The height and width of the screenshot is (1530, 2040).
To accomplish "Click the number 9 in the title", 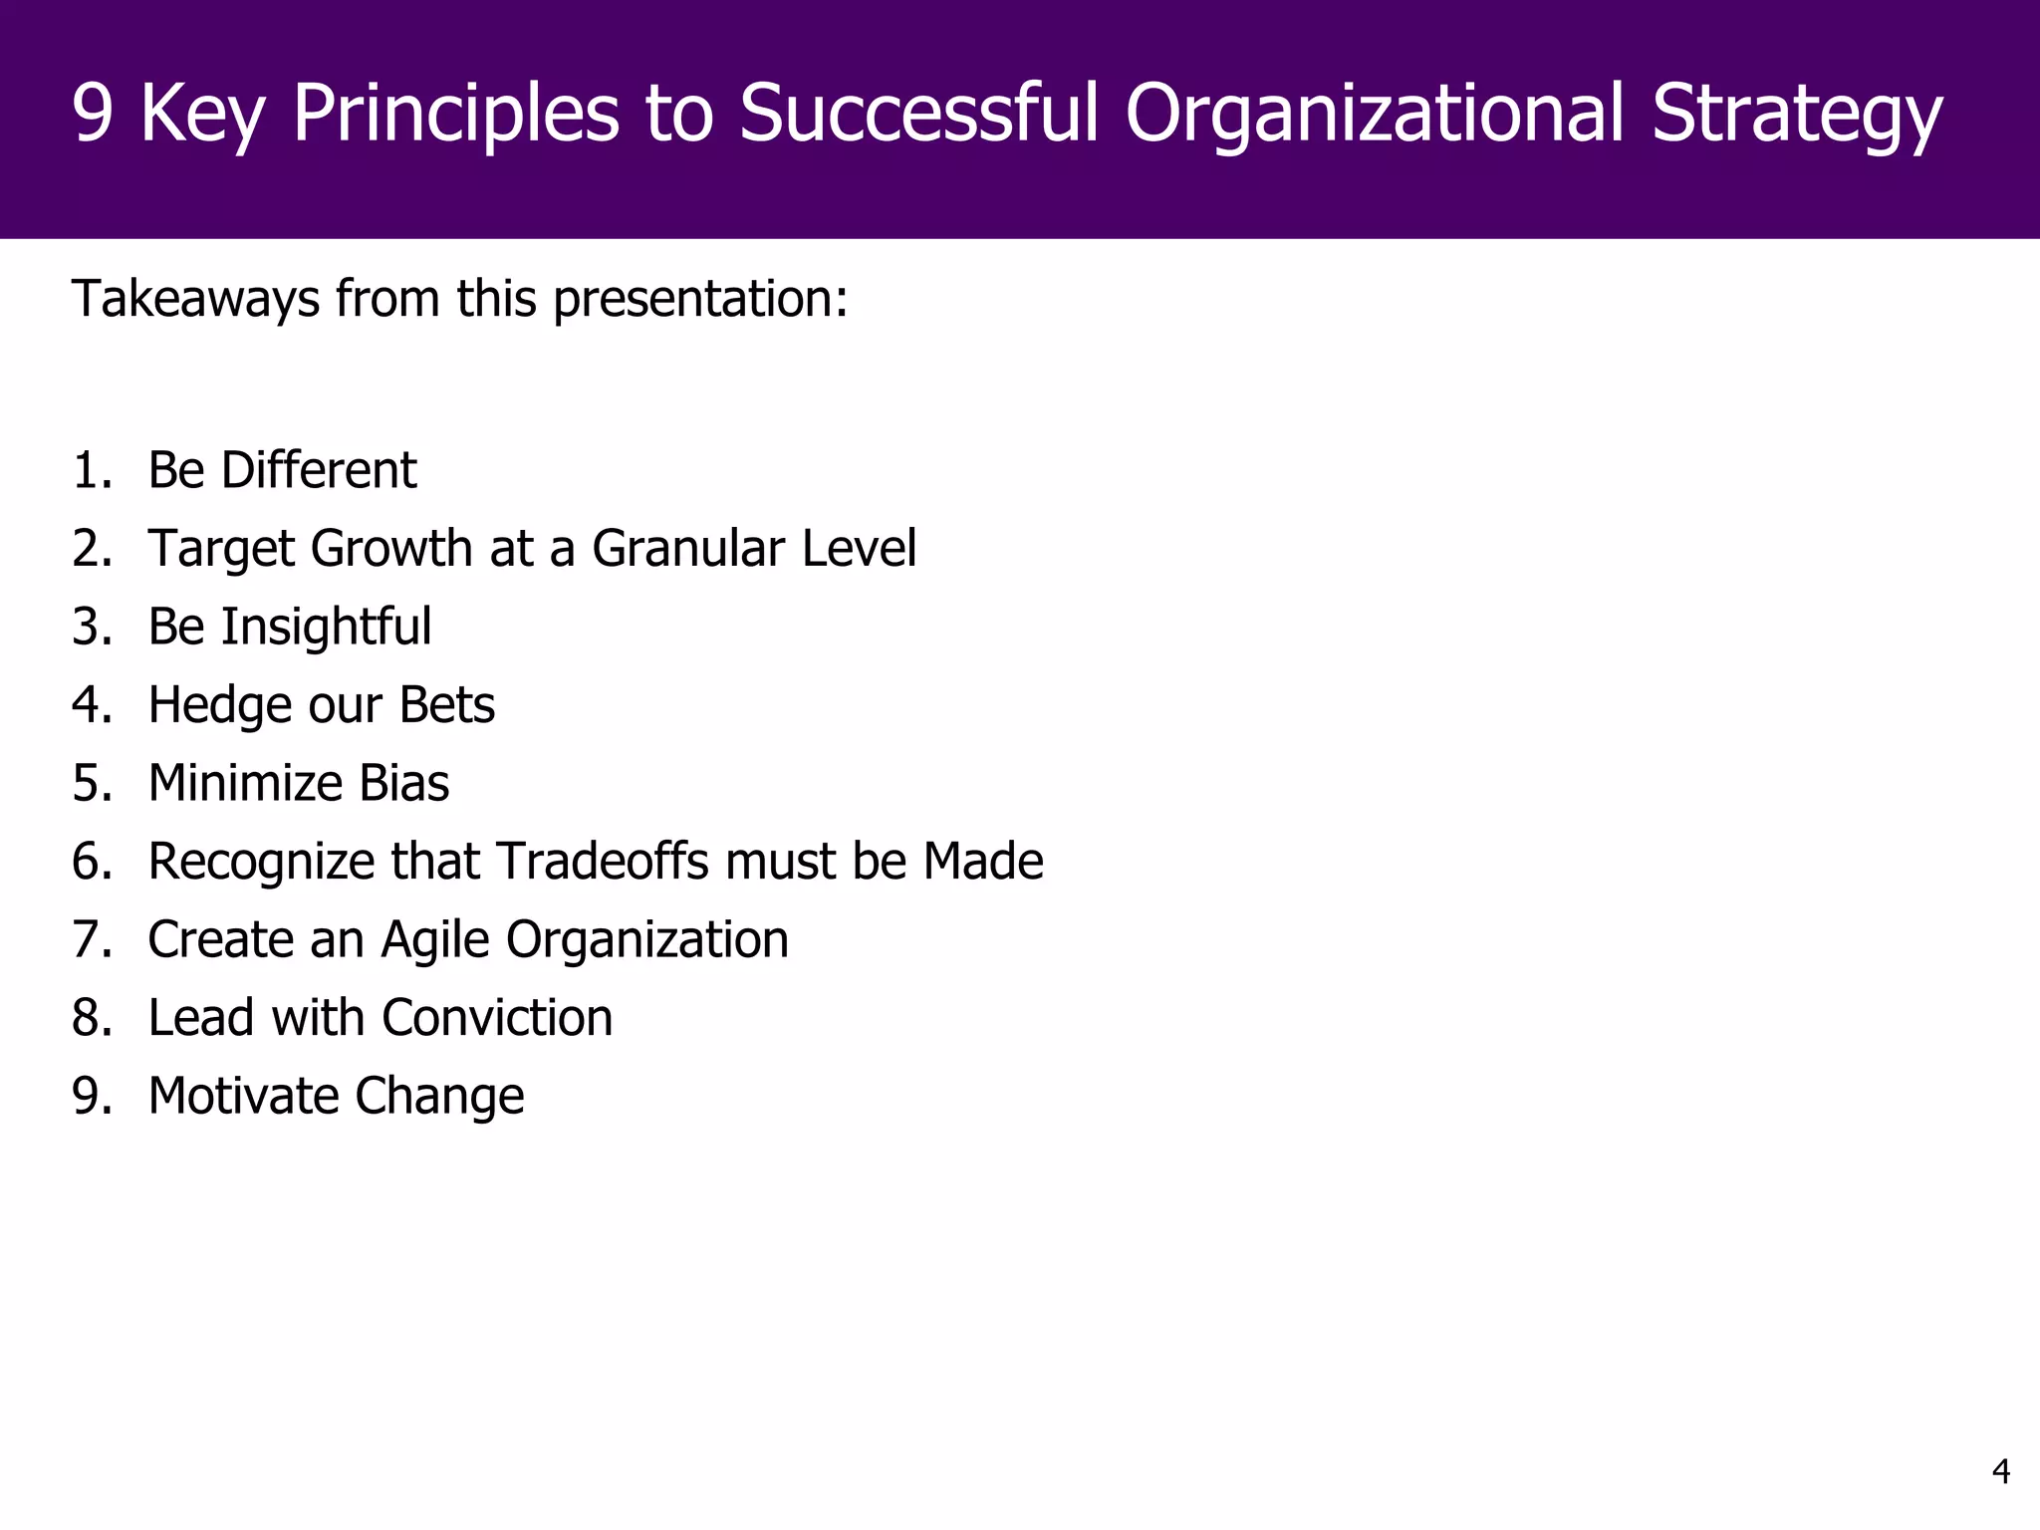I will point(93,114).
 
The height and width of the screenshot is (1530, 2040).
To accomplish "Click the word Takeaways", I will point(195,299).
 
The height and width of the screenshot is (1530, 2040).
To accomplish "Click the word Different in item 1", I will point(319,470).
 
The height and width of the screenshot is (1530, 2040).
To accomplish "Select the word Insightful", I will point(326,628).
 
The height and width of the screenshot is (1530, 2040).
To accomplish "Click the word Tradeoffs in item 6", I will point(603,862).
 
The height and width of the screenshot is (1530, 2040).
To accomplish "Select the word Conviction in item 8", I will point(497,1018).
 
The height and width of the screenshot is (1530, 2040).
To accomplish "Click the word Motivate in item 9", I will point(243,1096).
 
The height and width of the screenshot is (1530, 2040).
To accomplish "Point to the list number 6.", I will point(91,862).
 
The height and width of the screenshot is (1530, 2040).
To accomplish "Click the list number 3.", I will point(91,628).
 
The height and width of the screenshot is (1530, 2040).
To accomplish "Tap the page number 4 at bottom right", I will point(2000,1471).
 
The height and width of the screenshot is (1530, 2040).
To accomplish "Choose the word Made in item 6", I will point(983,862).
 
